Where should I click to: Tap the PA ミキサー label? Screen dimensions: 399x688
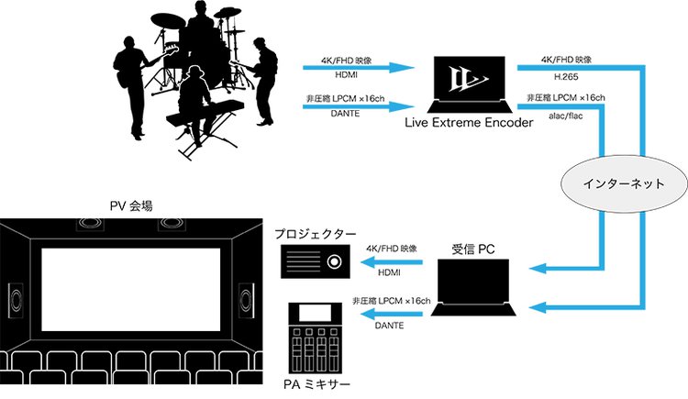point(316,383)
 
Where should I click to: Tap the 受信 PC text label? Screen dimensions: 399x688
point(475,248)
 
